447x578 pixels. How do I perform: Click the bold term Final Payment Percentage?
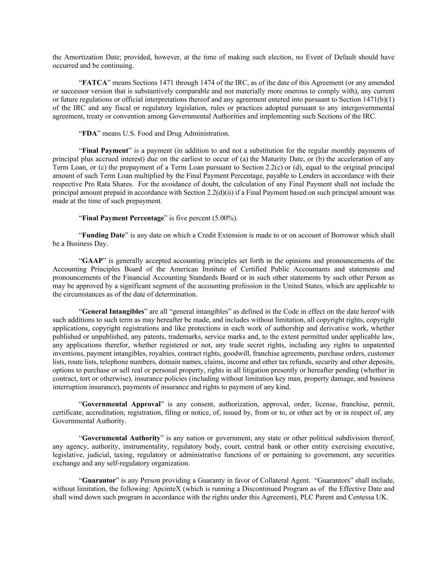[123, 218]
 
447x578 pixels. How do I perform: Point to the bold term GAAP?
[92, 260]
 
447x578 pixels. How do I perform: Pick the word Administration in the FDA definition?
[208, 133]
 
